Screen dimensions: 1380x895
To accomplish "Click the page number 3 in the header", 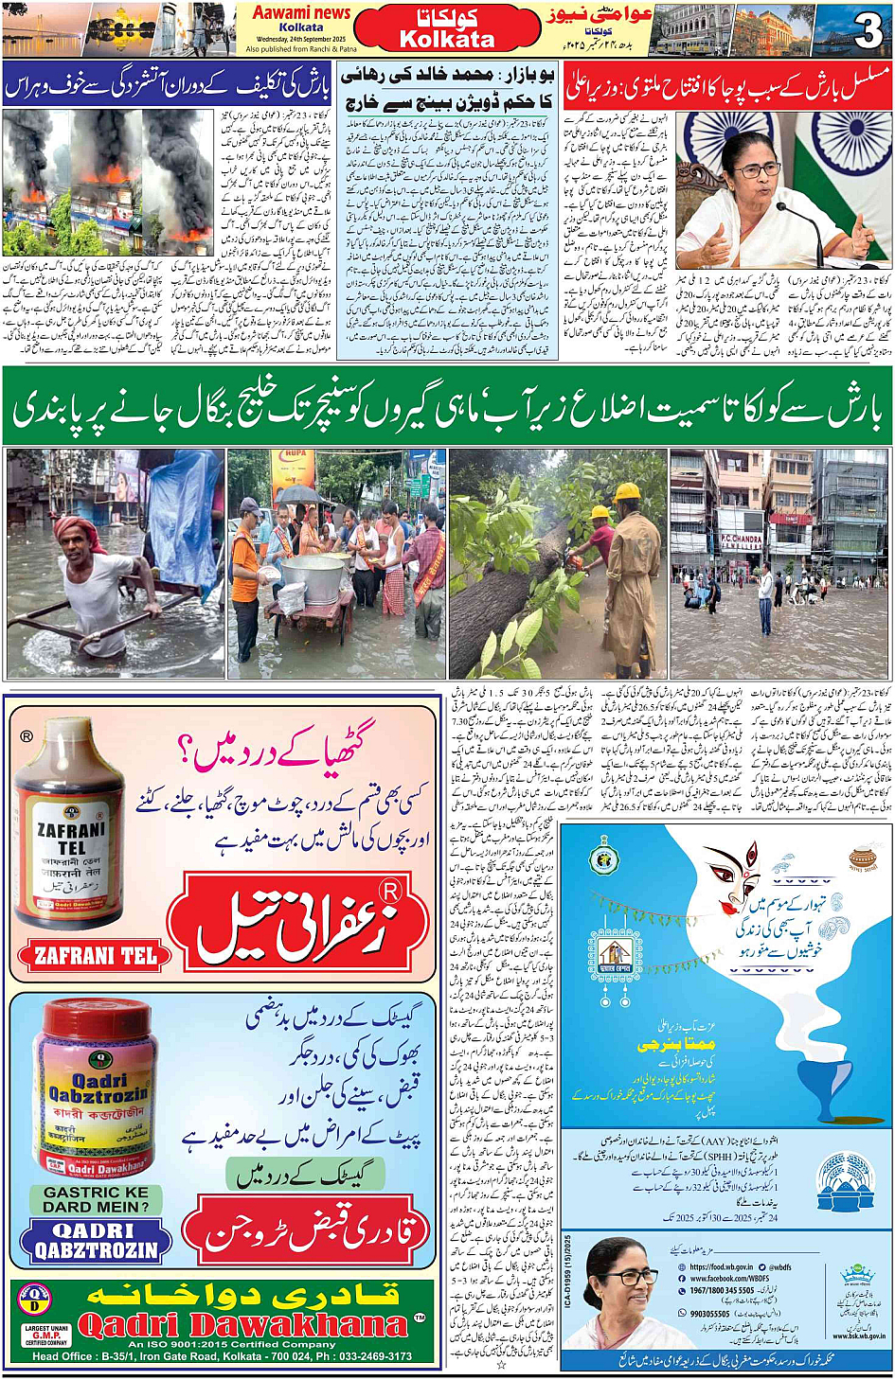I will click(867, 30).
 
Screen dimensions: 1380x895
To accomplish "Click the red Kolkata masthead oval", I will click(447, 29).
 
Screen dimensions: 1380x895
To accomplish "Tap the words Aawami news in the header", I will click(302, 12).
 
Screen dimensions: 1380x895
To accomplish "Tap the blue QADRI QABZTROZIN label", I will click(96, 1240).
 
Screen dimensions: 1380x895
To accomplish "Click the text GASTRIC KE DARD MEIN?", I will click(96, 1199).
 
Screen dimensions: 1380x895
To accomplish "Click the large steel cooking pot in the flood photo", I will click(313, 578).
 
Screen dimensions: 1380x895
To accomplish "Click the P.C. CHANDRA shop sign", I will click(741, 540).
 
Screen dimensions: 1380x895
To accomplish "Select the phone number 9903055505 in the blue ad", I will click(709, 1313).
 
